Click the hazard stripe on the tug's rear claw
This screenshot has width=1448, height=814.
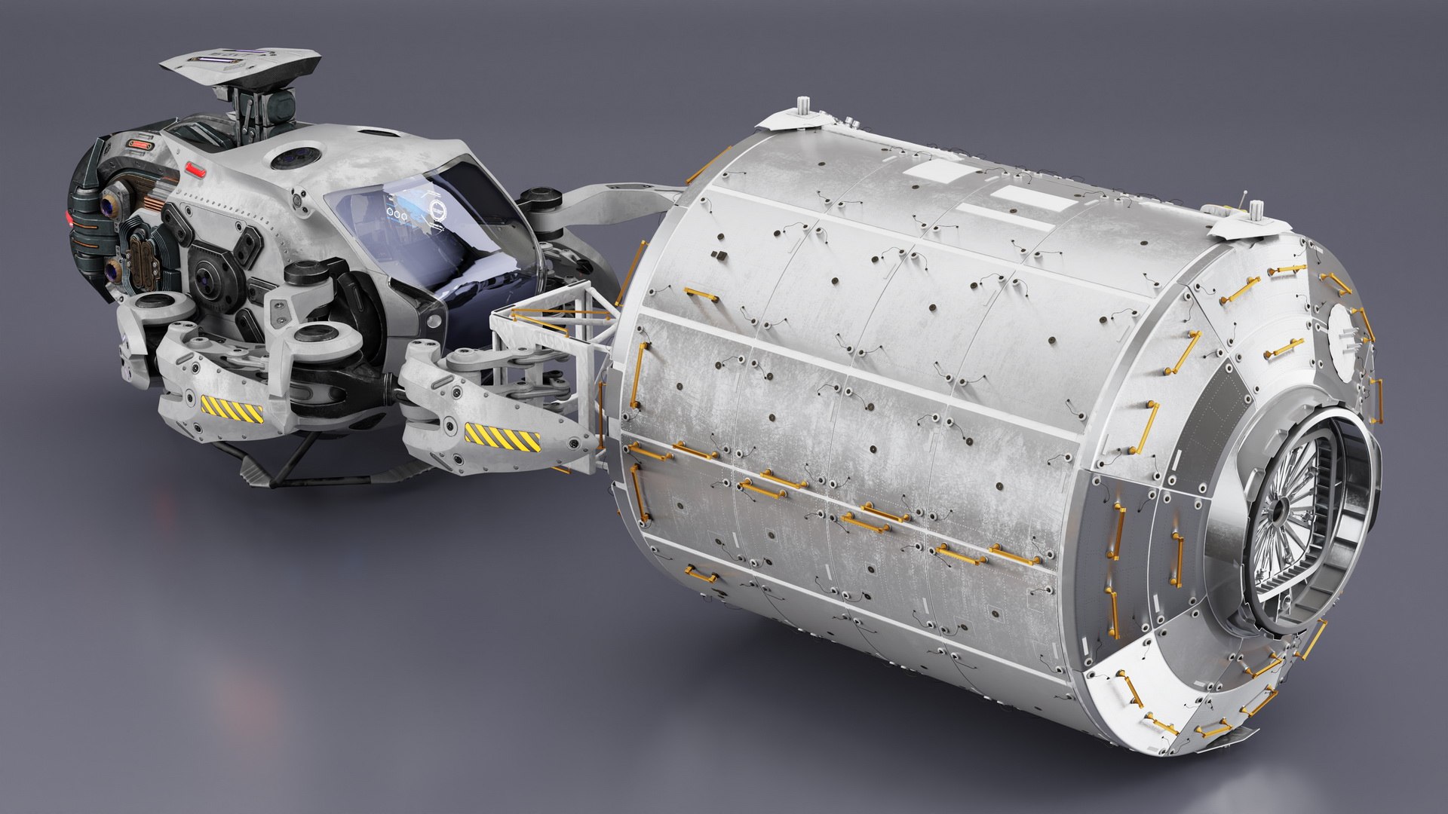pos(232,409)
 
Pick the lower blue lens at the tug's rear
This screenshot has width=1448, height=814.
pos(113,269)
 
